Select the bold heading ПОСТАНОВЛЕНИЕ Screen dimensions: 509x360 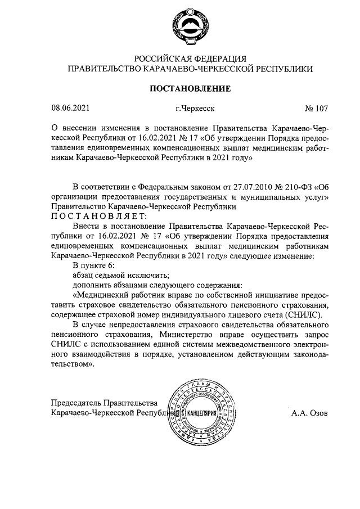click(190, 88)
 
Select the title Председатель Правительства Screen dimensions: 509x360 click(102, 402)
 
